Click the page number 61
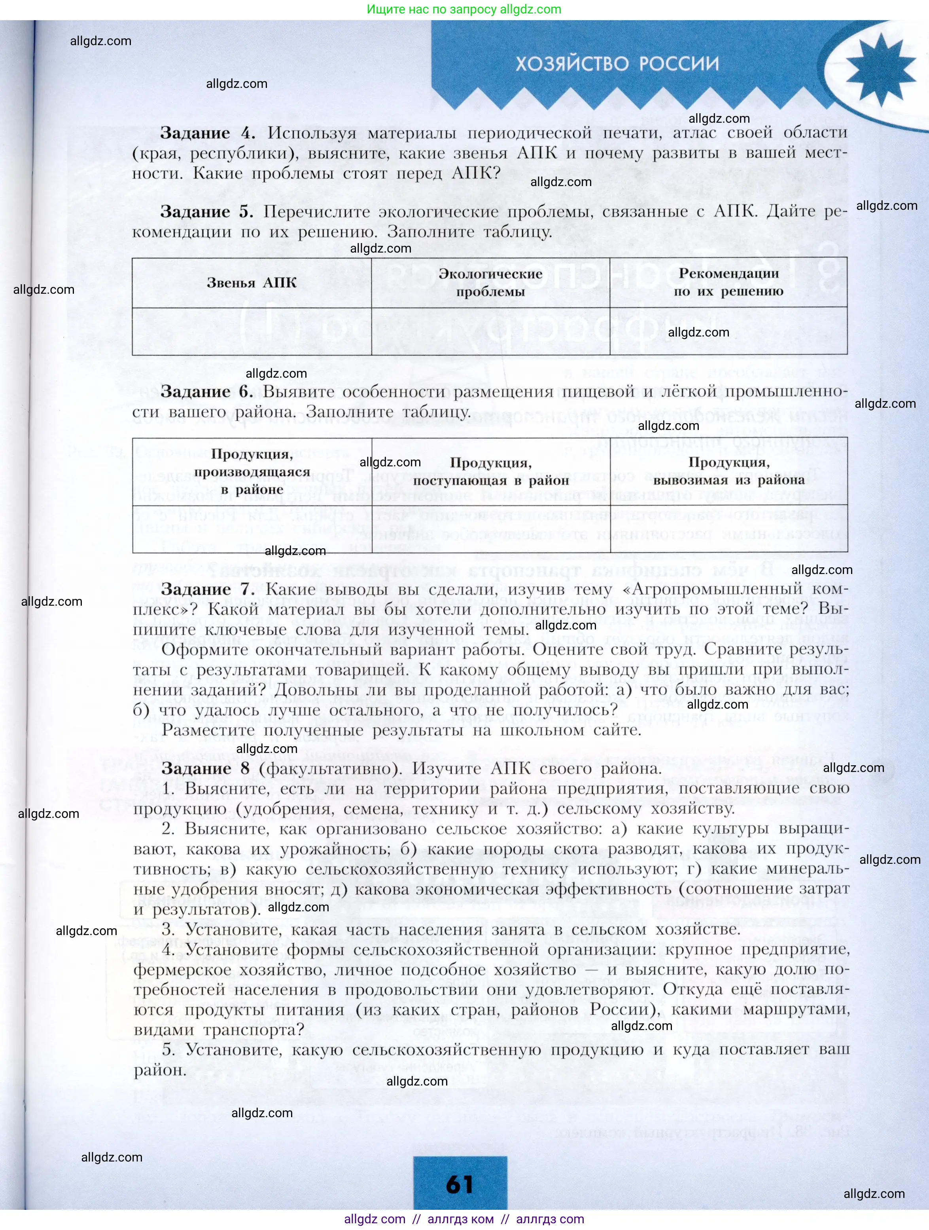(x=460, y=1184)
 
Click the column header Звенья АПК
(x=252, y=283)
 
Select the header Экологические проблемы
(x=490, y=283)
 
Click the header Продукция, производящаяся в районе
(x=252, y=471)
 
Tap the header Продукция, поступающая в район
(x=491, y=471)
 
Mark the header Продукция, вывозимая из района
(x=728, y=471)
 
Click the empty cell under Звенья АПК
(x=252, y=331)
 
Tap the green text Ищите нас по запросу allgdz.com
(x=464, y=10)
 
